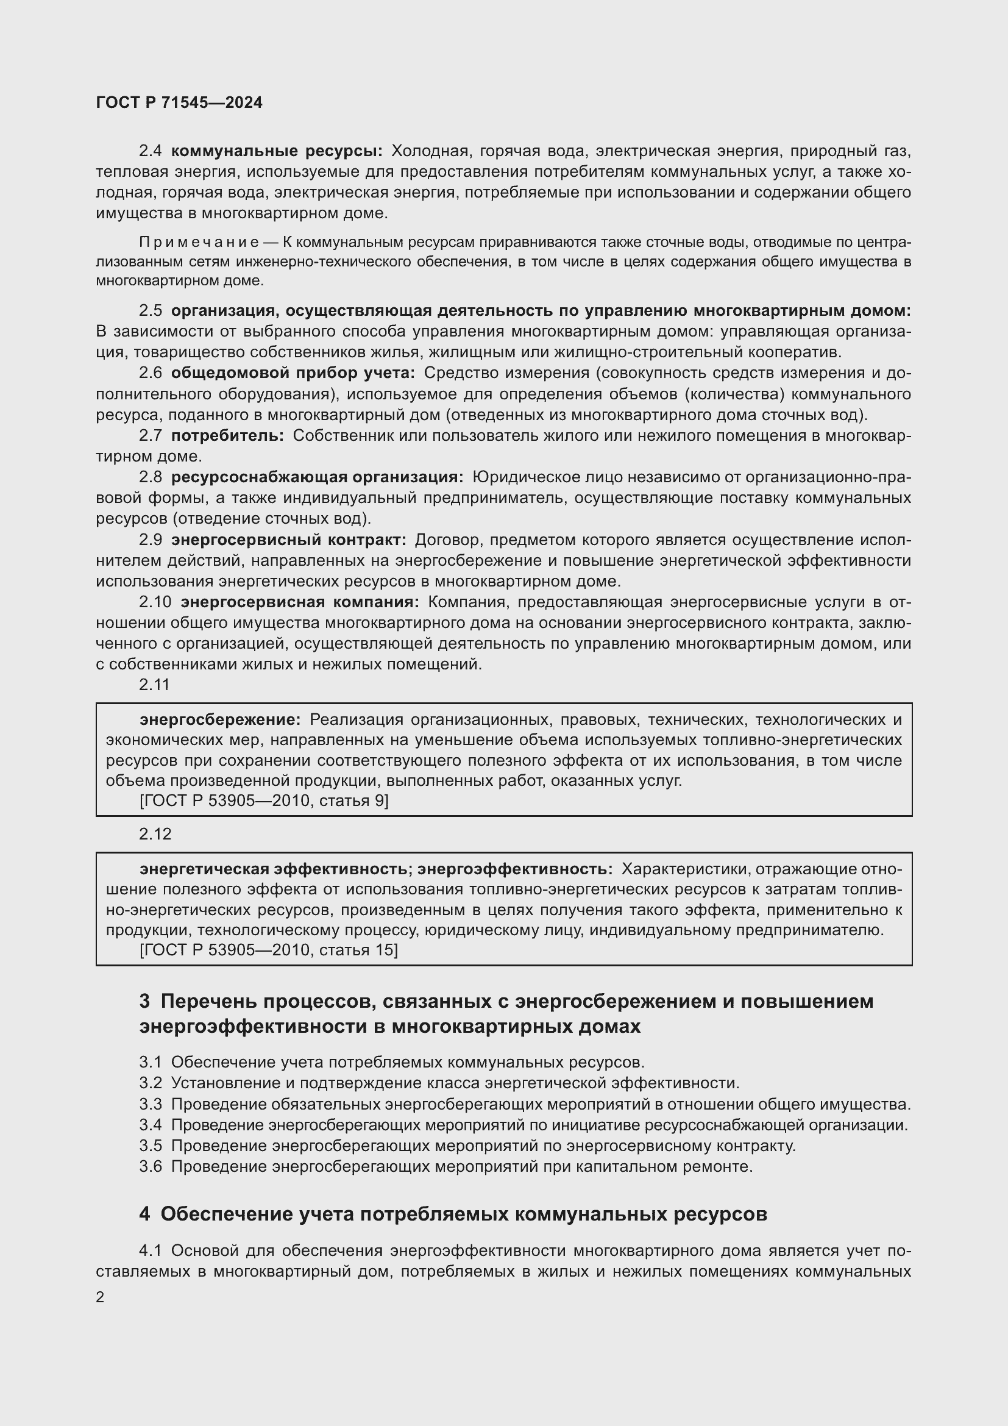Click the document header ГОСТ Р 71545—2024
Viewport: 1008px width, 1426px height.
179,103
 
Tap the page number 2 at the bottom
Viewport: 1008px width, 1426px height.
101,1297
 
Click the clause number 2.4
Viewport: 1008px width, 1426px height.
150,151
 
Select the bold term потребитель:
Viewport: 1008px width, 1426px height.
227,436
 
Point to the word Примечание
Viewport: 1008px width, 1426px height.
199,242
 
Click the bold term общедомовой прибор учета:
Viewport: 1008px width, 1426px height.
293,373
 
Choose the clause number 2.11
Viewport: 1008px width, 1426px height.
155,685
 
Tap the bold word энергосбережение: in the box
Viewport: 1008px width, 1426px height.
220,720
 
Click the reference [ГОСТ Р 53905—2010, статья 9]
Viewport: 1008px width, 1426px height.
264,800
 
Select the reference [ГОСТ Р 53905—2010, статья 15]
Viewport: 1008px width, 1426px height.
269,950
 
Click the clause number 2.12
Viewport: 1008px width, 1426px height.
155,833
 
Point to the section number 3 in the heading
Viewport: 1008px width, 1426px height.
144,1002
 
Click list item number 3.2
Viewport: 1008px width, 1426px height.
150,1083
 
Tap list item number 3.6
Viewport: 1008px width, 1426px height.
150,1166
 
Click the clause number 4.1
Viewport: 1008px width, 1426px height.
150,1250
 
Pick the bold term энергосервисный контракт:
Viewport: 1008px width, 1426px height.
289,540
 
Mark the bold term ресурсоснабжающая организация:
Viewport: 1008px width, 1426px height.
317,477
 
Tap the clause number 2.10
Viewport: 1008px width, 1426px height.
155,602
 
